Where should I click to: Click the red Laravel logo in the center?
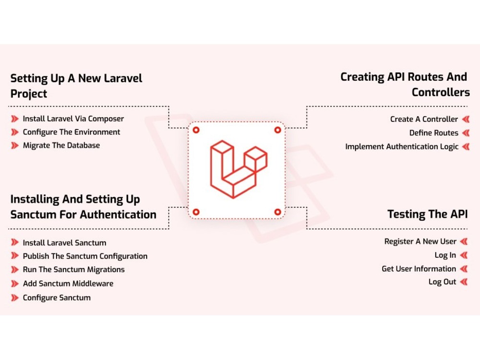click(x=239, y=169)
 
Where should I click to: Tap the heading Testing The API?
click(x=427, y=214)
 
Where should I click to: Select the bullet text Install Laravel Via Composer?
click(x=73, y=119)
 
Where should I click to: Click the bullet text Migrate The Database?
click(x=61, y=145)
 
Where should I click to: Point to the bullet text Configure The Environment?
click(x=72, y=132)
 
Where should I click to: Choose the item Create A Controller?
click(x=424, y=119)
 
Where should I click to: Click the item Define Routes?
click(x=434, y=133)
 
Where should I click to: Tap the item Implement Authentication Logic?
click(x=402, y=147)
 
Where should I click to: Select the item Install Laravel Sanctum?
click(x=65, y=243)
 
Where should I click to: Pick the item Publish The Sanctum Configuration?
click(x=85, y=256)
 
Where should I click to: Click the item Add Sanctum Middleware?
click(x=68, y=284)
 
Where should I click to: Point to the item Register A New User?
click(x=420, y=241)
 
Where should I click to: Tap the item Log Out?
click(x=443, y=282)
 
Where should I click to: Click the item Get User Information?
click(x=419, y=269)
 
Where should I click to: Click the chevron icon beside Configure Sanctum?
click(x=15, y=298)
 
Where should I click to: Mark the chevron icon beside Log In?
click(x=464, y=255)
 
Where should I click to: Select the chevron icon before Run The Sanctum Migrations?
click(x=15, y=270)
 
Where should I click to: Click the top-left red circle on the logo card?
click(x=196, y=130)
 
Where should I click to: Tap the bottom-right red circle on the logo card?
click(x=277, y=212)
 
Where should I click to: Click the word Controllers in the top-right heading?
click(x=441, y=92)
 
